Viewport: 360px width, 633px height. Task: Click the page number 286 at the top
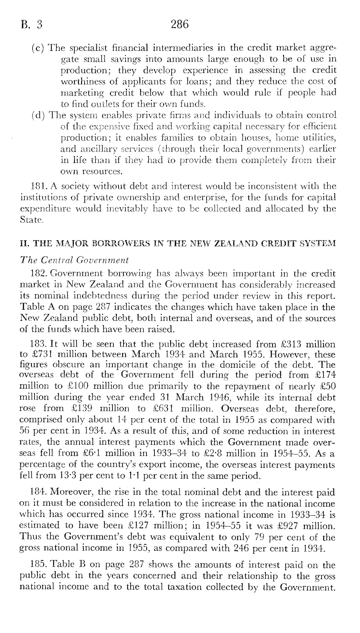(x=180, y=25)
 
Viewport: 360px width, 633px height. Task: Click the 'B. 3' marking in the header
(x=31, y=25)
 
